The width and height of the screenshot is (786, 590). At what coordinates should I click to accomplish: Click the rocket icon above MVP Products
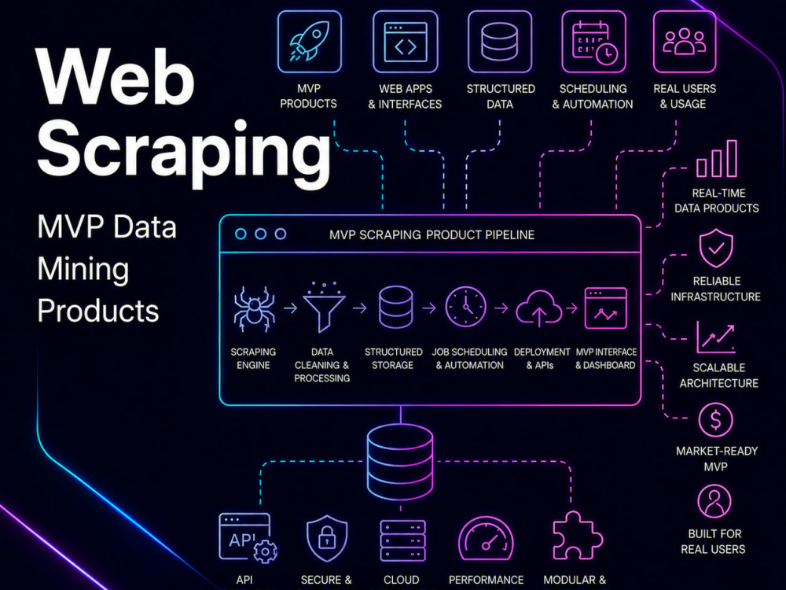coord(309,42)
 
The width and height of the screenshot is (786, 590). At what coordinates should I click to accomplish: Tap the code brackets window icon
coord(405,42)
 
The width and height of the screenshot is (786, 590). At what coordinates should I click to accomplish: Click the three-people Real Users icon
coord(685,42)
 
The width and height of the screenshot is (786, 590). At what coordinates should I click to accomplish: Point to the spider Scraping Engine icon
coord(254,309)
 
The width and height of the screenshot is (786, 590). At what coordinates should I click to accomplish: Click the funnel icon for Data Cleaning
coord(324,308)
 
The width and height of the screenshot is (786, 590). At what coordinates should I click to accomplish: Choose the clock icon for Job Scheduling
coord(465,307)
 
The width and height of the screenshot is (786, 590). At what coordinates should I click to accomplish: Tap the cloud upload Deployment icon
coord(539,308)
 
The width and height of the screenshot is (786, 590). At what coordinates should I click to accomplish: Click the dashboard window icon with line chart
coord(605,308)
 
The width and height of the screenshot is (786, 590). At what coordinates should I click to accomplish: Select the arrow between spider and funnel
coord(291,308)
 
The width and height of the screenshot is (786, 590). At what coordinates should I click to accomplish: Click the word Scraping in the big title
coord(184,149)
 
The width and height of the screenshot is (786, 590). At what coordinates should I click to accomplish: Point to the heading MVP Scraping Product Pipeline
coord(432,234)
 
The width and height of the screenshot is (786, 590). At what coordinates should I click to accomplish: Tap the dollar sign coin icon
coord(715,420)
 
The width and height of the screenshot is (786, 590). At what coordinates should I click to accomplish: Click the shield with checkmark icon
coord(716,248)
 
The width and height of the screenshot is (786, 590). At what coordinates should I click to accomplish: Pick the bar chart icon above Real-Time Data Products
coord(717,159)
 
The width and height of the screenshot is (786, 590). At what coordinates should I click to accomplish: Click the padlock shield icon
coord(327,538)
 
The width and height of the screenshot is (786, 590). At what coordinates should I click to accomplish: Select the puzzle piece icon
coord(578,536)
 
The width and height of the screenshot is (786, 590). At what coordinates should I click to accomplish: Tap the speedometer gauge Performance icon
coord(486,538)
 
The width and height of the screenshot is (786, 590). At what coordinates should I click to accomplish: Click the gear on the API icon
coord(265,552)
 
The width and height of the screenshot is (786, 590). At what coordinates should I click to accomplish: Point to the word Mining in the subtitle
coord(83,270)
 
